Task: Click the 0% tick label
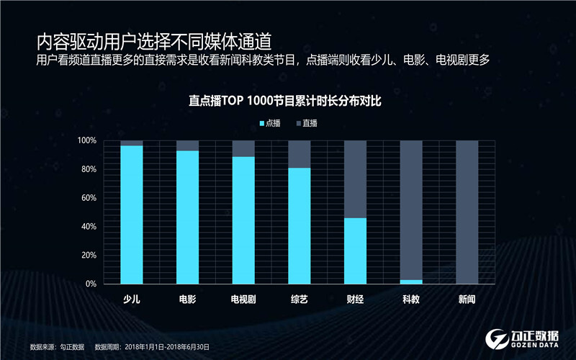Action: pos(91,284)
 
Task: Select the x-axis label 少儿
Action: pos(132,299)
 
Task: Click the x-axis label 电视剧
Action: pos(243,299)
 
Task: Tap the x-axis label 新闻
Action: pos(467,299)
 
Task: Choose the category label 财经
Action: pos(355,299)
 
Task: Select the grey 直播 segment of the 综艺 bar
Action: pos(299,154)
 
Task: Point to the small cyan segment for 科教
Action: pos(410,282)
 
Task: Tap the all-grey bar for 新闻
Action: pos(467,212)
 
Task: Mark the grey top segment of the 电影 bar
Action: pos(187,145)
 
